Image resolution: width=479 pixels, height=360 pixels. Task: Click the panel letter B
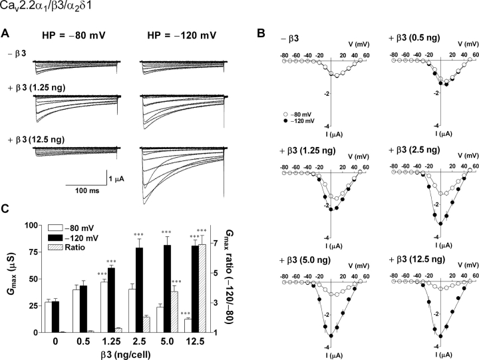tap(261, 33)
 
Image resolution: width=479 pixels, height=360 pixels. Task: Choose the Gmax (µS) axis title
tap(9, 278)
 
